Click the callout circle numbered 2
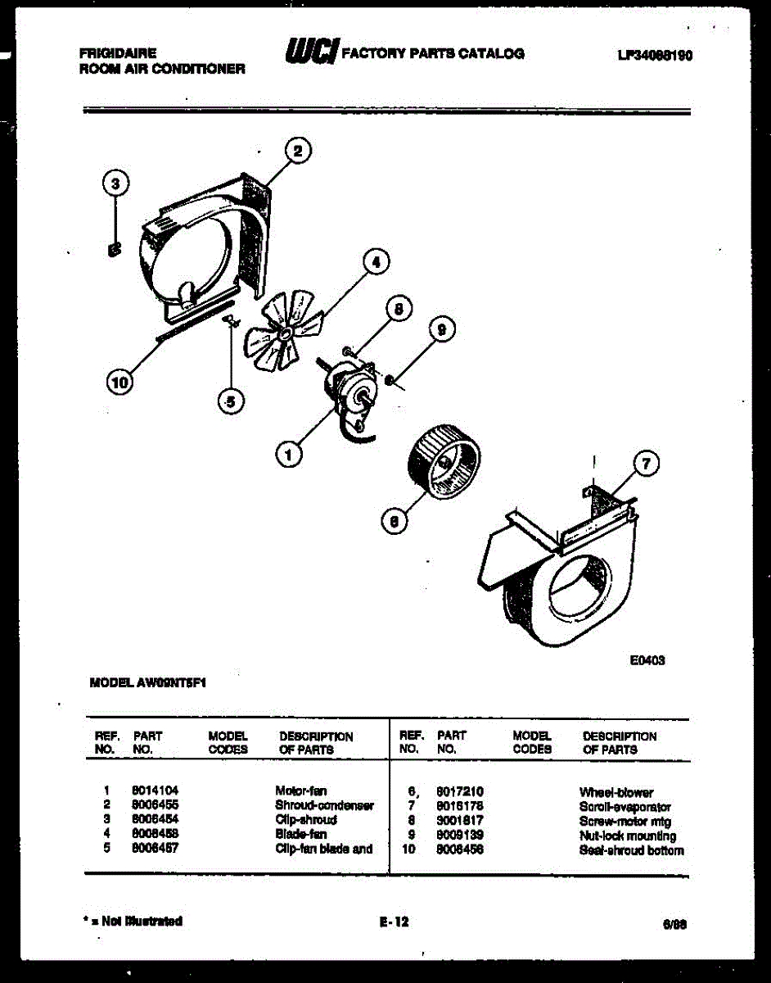(x=298, y=151)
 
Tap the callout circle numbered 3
(x=116, y=183)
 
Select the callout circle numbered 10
(x=119, y=383)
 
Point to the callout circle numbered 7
(x=646, y=465)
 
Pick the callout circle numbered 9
(x=441, y=330)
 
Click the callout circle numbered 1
(x=287, y=452)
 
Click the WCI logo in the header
(x=310, y=53)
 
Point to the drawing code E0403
(x=647, y=660)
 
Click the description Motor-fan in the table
(x=301, y=791)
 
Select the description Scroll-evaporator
(x=625, y=807)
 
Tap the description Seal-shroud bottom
(x=631, y=850)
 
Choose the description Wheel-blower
(x=616, y=792)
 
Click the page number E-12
(x=394, y=922)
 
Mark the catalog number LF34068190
(x=655, y=56)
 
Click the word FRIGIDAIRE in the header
(x=118, y=54)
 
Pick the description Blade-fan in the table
(x=301, y=835)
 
